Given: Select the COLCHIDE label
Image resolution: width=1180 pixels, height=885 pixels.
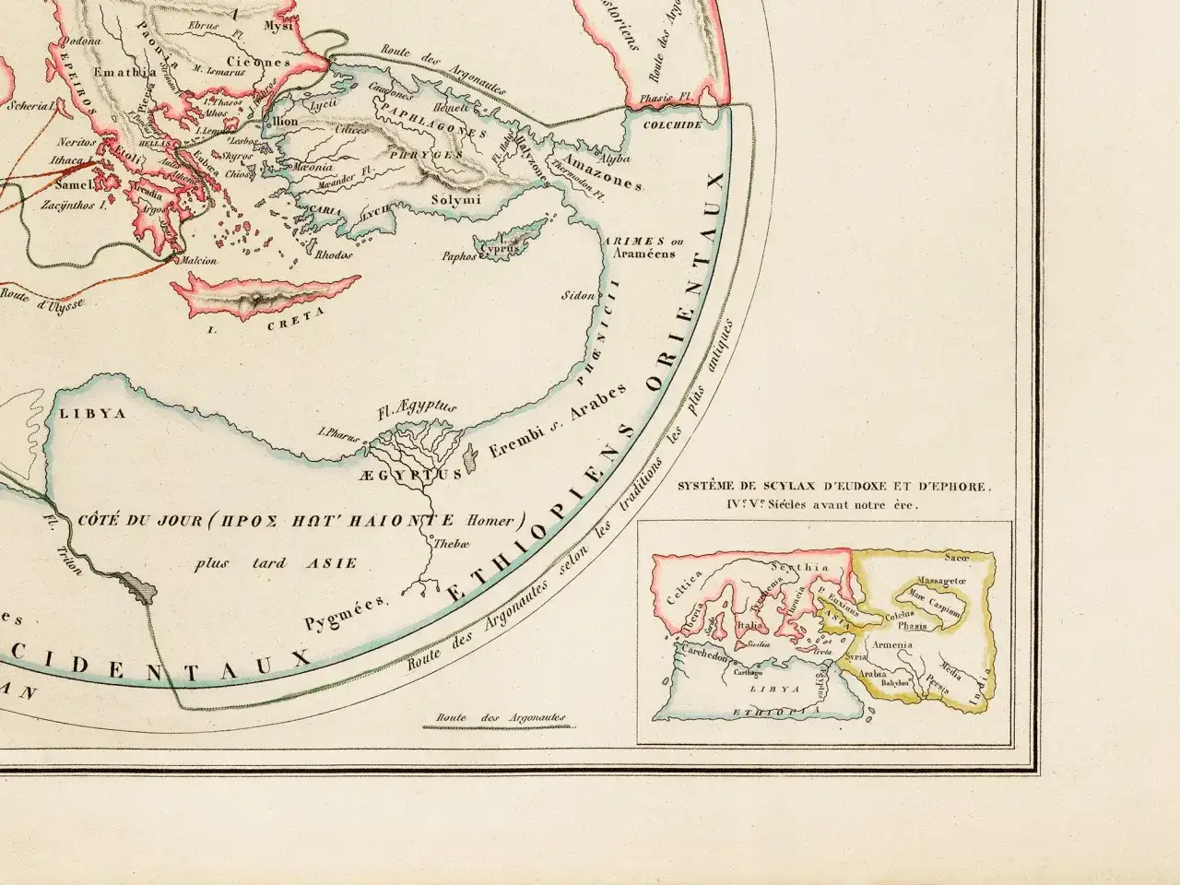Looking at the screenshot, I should click(672, 124).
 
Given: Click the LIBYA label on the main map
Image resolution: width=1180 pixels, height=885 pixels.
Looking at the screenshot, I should click(91, 414).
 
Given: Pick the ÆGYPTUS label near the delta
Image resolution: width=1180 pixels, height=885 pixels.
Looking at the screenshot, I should click(406, 474).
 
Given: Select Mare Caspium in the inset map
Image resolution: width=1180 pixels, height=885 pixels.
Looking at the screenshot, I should click(932, 595).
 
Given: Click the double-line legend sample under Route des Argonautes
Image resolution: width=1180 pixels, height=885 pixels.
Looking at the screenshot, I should click(495, 727).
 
